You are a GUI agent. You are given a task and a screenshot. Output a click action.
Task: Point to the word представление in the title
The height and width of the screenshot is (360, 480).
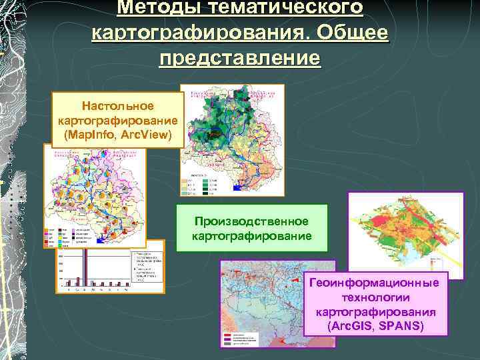click(240, 58)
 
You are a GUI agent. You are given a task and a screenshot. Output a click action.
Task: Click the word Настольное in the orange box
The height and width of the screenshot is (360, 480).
click(117, 106)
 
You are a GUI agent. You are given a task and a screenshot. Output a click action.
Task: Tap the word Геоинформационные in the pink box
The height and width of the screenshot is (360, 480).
click(374, 283)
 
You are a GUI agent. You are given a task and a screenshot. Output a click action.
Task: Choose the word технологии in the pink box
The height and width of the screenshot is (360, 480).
click(374, 297)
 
